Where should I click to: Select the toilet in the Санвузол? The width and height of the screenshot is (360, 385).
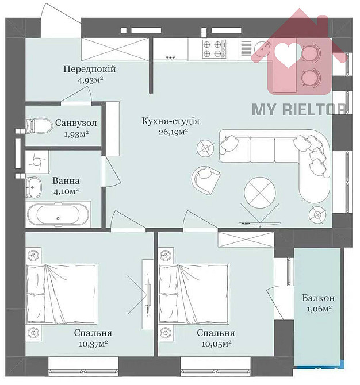pyautogui.click(x=37, y=124)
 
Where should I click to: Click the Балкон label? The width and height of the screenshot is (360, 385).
pyautogui.click(x=318, y=298)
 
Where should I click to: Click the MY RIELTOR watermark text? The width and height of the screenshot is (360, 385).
pyautogui.click(x=300, y=109)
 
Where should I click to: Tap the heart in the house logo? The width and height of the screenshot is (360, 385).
pyautogui.click(x=286, y=53)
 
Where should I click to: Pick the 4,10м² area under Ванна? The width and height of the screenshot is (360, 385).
pyautogui.click(x=66, y=191)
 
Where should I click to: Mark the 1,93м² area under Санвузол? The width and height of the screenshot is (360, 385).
pyautogui.click(x=75, y=134)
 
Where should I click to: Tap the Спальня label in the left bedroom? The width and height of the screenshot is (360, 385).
pyautogui.click(x=93, y=333)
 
